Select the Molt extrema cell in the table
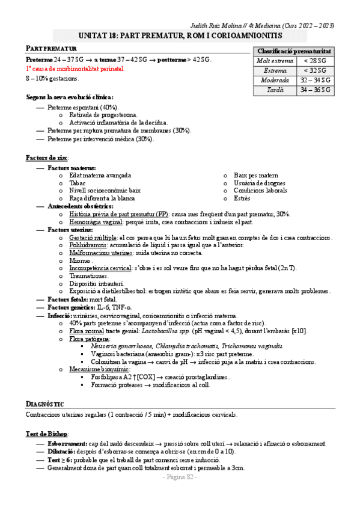tap(275, 61)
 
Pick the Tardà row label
tap(275, 90)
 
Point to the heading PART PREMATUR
tap(52, 48)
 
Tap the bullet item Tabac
tap(78, 183)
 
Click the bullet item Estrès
tap(242, 198)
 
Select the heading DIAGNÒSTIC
tap(45, 404)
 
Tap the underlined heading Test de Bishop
tap(47, 434)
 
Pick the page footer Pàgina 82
tap(180, 476)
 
